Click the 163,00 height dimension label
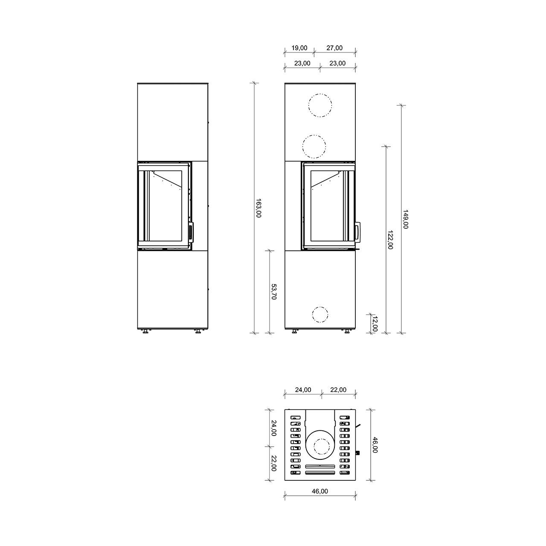click(258, 208)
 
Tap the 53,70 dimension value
click(274, 292)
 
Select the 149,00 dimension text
click(406, 219)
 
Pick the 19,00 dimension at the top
click(299, 48)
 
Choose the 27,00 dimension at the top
click(334, 48)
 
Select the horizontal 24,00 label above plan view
click(303, 389)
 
